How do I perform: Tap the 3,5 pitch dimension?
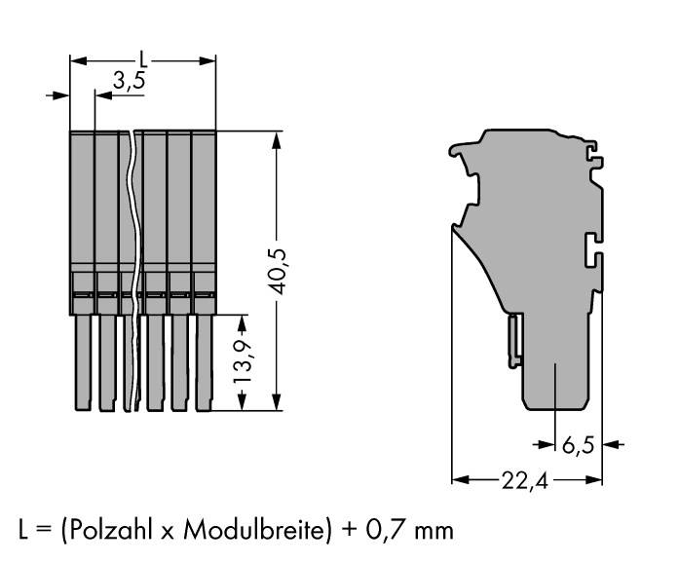click(129, 82)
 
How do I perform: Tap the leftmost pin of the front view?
click(81, 360)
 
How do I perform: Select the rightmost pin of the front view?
click(203, 360)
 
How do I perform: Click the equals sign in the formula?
click(42, 532)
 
